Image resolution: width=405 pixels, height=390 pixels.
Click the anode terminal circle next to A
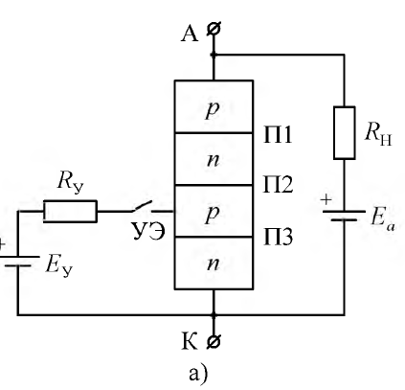pyautogui.click(x=214, y=29)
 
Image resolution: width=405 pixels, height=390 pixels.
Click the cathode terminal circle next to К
pyautogui.click(x=214, y=342)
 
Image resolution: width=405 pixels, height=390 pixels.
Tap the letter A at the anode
pyautogui.click(x=190, y=34)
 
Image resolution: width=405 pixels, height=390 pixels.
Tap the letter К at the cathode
pyautogui.click(x=190, y=341)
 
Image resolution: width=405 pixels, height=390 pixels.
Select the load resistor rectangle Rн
pyautogui.click(x=345, y=133)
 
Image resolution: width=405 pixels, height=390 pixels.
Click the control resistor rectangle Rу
pyautogui.click(x=70, y=211)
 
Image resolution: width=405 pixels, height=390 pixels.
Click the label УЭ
pyautogui.click(x=148, y=232)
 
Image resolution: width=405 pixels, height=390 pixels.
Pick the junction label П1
pyautogui.click(x=278, y=135)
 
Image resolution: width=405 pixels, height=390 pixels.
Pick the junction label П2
pyautogui.click(x=278, y=184)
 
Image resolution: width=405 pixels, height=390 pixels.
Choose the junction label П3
pyautogui.click(x=278, y=237)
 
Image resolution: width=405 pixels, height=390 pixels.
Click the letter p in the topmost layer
pyautogui.click(x=213, y=110)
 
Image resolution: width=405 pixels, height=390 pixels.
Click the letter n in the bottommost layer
pyautogui.click(x=214, y=264)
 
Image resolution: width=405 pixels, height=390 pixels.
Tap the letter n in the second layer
pyautogui.click(x=214, y=160)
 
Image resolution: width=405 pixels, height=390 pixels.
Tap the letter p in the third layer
pyautogui.click(x=213, y=215)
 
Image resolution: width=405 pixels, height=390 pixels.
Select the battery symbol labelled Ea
pyautogui.click(x=344, y=216)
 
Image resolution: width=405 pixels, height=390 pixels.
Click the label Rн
pyautogui.click(x=378, y=133)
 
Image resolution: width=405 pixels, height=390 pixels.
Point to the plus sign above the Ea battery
pyautogui.click(x=326, y=200)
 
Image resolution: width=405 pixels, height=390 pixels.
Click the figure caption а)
pyautogui.click(x=198, y=374)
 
